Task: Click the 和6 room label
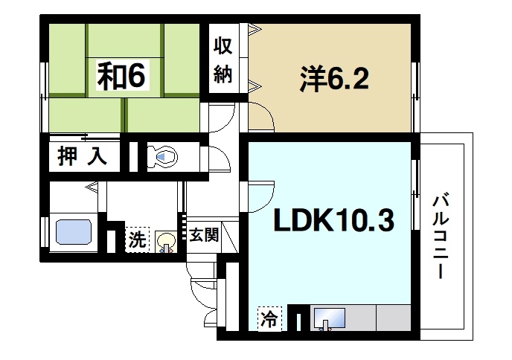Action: (123, 75)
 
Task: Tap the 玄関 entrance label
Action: (202, 237)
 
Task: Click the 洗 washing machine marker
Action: (136, 240)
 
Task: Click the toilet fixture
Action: (164, 156)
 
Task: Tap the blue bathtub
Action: (74, 235)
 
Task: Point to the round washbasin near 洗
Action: (166, 242)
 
